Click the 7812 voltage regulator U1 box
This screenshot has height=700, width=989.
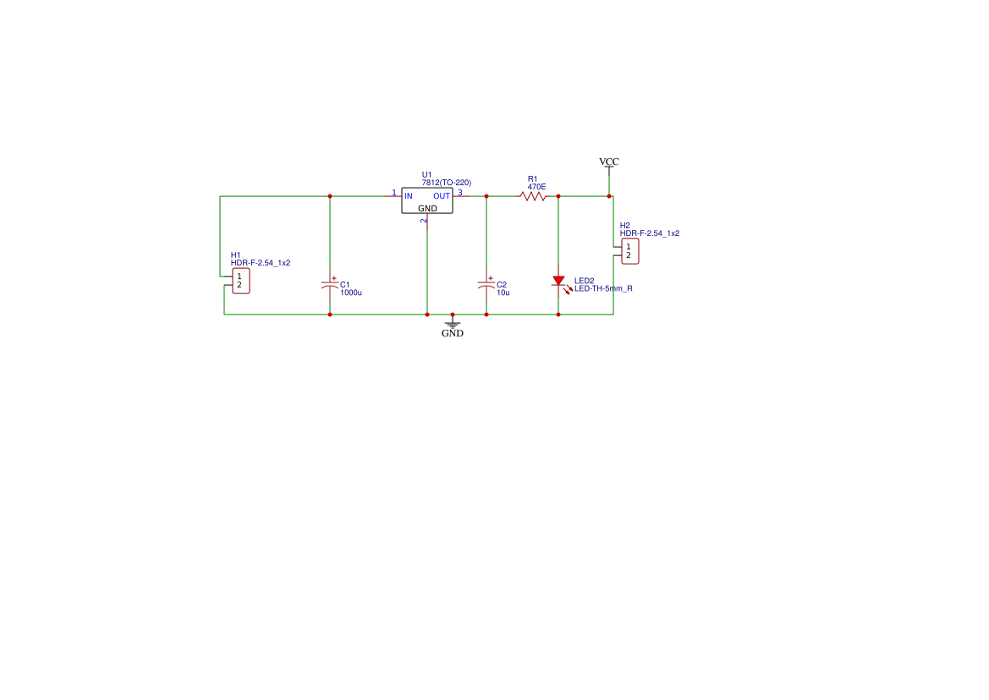click(427, 201)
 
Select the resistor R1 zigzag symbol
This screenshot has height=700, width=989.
click(533, 196)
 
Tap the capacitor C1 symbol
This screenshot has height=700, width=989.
click(330, 284)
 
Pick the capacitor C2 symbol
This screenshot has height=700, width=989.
click(486, 284)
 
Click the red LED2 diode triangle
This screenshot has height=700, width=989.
click(558, 281)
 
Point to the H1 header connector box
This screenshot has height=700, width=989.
click(239, 282)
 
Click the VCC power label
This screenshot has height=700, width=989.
click(609, 161)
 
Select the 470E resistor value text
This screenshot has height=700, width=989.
click(536, 187)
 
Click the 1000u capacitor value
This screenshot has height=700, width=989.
click(350, 293)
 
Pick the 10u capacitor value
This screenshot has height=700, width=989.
click(503, 293)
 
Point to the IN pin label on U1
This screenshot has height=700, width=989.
click(409, 196)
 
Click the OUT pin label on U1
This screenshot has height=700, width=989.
click(442, 196)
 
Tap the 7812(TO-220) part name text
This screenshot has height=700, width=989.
click(446, 183)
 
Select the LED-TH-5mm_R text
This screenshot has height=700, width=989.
click(603, 288)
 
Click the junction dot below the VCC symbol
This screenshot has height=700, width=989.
click(609, 196)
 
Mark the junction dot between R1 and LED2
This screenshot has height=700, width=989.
click(558, 196)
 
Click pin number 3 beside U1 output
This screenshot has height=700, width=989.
click(460, 192)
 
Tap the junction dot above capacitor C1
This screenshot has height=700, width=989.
click(330, 196)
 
